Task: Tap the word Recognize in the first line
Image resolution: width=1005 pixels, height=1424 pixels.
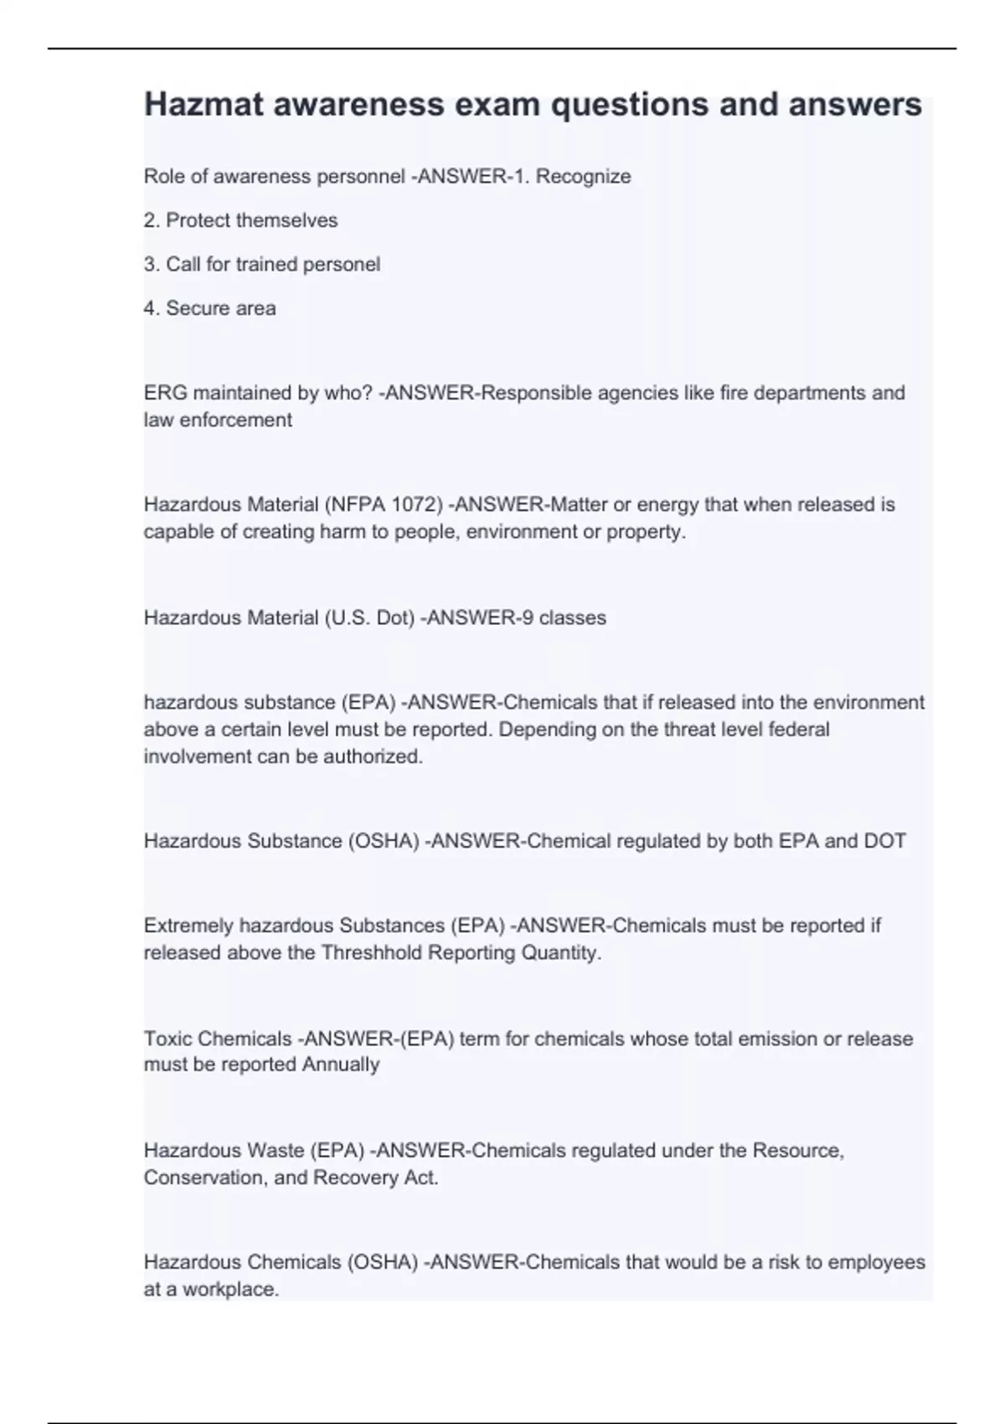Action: (583, 177)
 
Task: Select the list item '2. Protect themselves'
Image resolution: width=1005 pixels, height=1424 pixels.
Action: (241, 220)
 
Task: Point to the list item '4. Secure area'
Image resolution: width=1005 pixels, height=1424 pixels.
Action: (209, 308)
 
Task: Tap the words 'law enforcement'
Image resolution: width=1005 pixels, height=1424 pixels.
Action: (218, 420)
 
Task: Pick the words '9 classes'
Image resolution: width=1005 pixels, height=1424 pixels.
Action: (561, 618)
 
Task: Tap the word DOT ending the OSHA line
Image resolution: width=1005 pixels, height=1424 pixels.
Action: (884, 841)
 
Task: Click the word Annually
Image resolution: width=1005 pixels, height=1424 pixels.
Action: (341, 1065)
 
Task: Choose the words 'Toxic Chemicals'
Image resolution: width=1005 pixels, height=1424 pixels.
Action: (218, 1039)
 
